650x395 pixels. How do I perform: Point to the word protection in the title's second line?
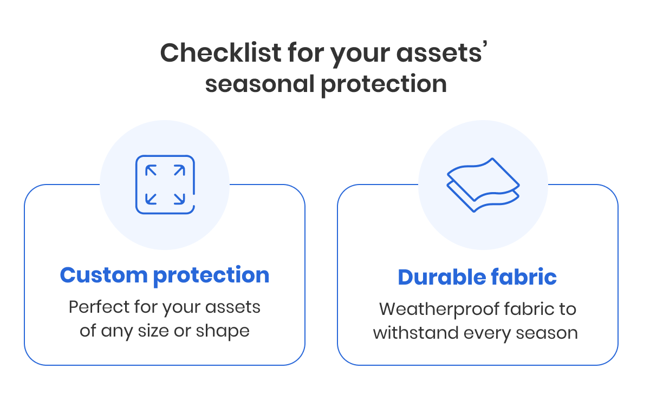point(383,85)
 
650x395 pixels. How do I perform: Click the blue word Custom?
point(103,275)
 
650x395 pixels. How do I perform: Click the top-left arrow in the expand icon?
point(152,171)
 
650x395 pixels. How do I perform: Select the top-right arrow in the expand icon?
point(179,171)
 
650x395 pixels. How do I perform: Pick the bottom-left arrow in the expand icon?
point(152,199)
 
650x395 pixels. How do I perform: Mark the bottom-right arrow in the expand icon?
point(179,199)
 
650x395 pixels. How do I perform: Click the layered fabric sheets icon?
point(483,185)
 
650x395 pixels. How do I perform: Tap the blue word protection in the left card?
point(211,275)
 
